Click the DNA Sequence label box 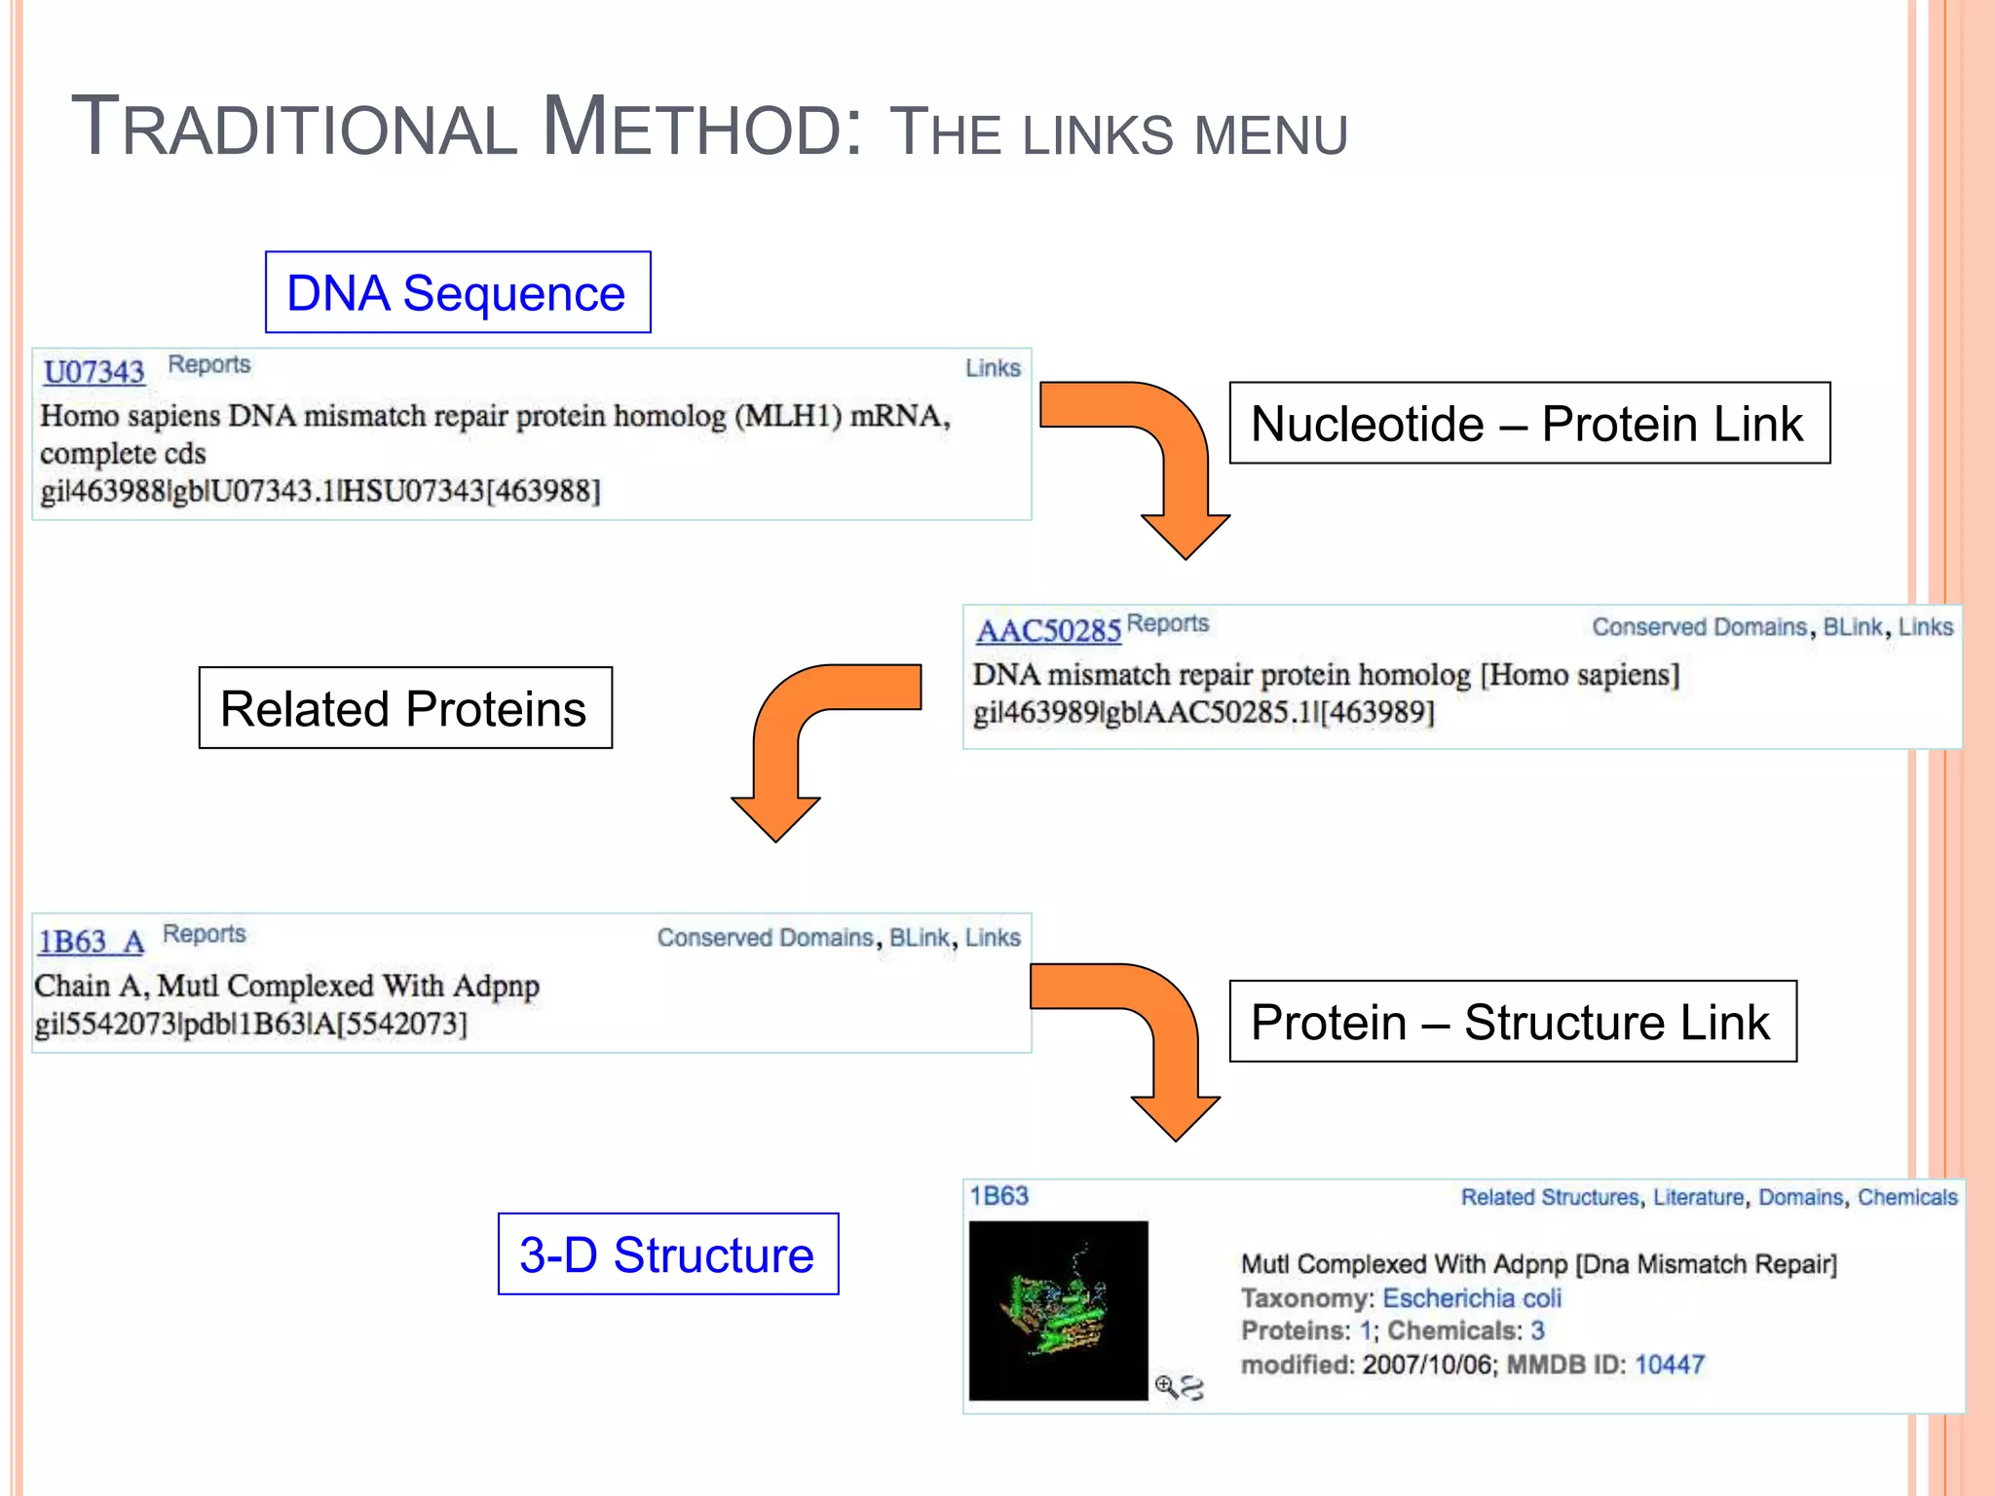[x=457, y=293]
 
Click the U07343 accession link [x=94, y=372]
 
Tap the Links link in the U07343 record [x=993, y=368]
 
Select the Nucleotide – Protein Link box [x=1528, y=424]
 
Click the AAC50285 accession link [x=1048, y=631]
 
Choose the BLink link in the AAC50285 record [x=1852, y=627]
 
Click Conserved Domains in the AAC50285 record [x=1699, y=627]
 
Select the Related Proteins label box [x=404, y=708]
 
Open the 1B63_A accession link [x=91, y=942]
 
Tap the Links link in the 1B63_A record [x=993, y=938]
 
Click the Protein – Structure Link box [x=1512, y=1022]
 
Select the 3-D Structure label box [x=667, y=1254]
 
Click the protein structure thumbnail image [x=1058, y=1310]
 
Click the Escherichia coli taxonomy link [x=1471, y=1298]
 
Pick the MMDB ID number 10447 [x=1669, y=1365]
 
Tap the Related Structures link [x=1549, y=1198]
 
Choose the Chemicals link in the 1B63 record [x=1906, y=1198]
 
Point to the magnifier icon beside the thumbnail [x=1166, y=1385]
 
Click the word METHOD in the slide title [x=701, y=128]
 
